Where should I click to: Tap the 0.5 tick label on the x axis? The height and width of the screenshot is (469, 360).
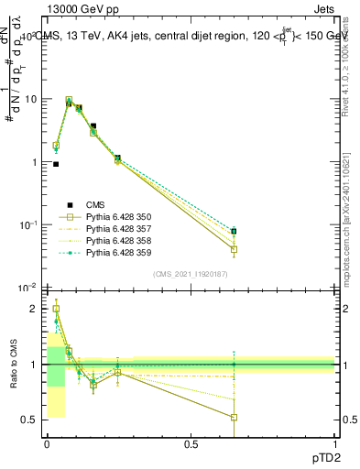191,443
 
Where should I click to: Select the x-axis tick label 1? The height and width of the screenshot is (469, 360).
334,443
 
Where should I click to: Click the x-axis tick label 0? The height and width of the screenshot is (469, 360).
47,443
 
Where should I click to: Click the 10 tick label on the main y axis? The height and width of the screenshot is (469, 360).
30,99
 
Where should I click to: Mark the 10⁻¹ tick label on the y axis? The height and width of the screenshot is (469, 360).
27,225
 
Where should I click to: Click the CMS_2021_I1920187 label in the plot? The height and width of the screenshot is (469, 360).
190,274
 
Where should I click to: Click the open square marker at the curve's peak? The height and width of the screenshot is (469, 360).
69,101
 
